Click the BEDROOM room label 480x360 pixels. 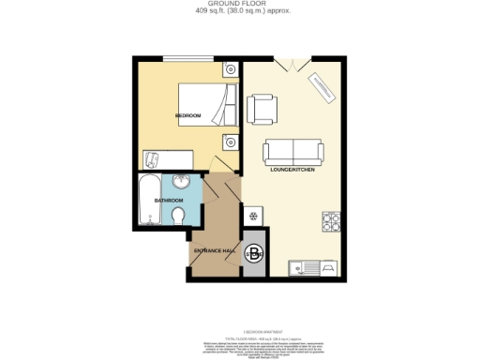click(x=188, y=115)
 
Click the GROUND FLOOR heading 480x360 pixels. click(x=239, y=5)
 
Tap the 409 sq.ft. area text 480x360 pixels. click(x=239, y=13)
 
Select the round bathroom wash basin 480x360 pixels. click(x=181, y=181)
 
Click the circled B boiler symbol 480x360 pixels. click(x=254, y=251)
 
